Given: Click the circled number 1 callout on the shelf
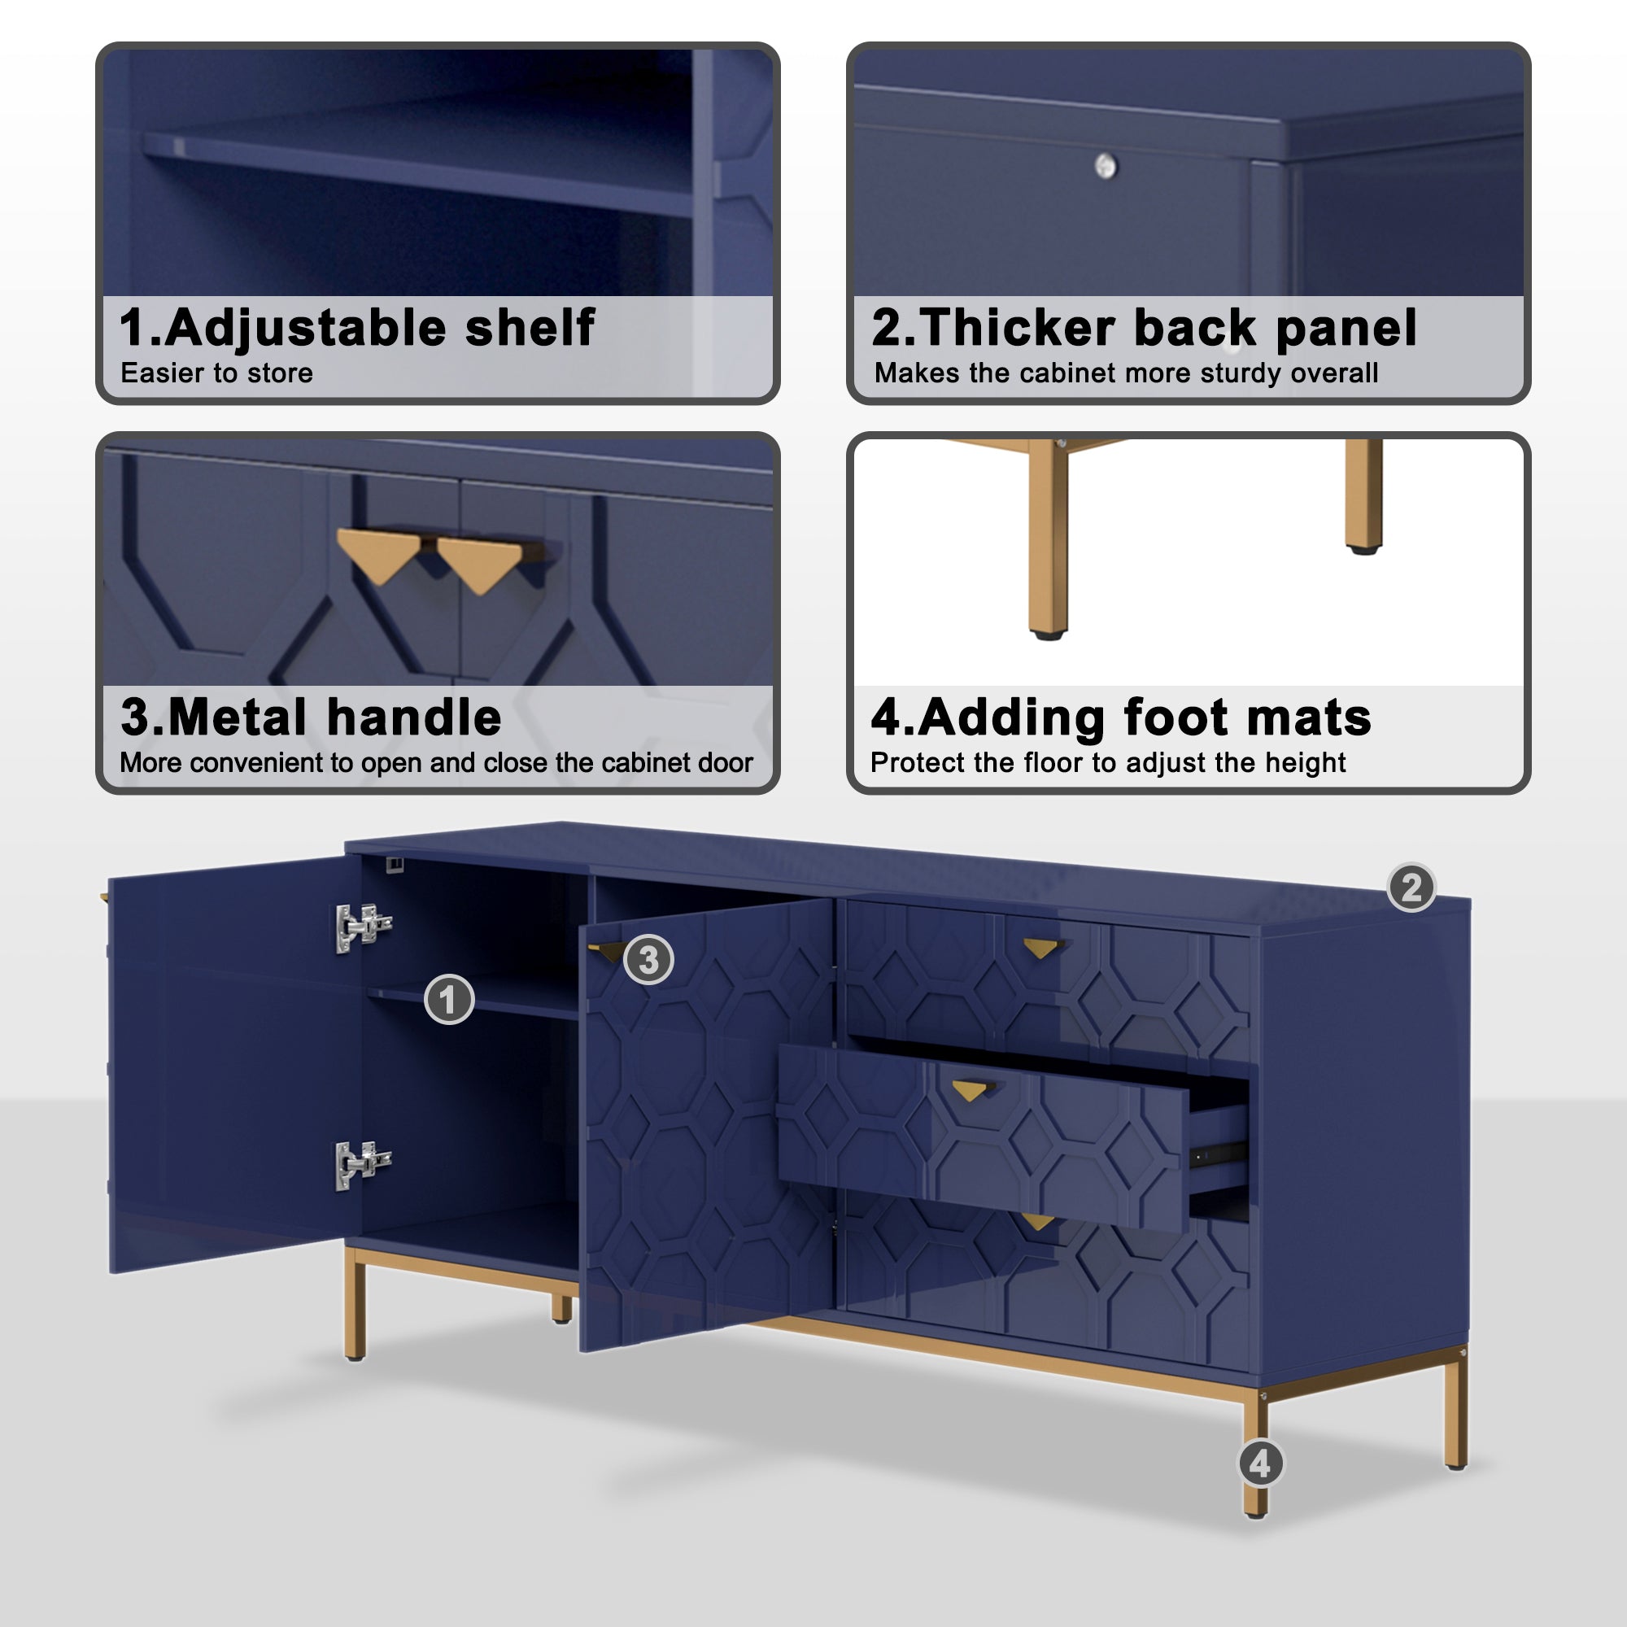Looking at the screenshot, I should (x=449, y=1000).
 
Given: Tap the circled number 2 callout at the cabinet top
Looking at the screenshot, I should (x=1411, y=888).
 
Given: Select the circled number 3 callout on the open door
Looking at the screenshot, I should (x=648, y=959).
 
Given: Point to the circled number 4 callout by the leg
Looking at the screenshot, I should (x=1261, y=1463).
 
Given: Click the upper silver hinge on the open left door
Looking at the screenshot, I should (x=362, y=927).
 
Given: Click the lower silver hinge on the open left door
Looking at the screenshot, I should (x=362, y=1165).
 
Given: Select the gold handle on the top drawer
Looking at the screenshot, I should (x=1041, y=949).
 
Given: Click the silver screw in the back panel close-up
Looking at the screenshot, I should (x=1106, y=166).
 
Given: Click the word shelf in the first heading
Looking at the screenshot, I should (x=530, y=328).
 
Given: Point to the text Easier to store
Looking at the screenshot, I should (x=216, y=373).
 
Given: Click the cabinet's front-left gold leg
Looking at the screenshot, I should (x=355, y=1306).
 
